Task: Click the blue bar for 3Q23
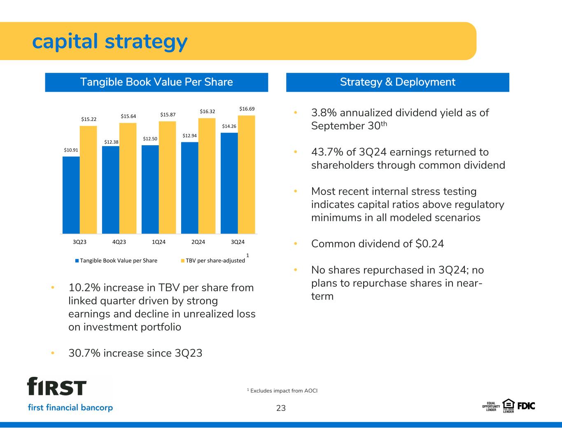coord(71,195)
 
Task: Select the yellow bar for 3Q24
coord(247,175)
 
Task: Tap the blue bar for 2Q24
coord(189,188)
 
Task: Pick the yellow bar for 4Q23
coord(128,178)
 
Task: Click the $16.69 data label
coord(247,109)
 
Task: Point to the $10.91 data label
coord(71,150)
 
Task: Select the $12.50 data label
coord(150,139)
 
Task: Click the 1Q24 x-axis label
coord(159,242)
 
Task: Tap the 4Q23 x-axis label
coord(119,242)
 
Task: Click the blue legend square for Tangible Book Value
coord(77,261)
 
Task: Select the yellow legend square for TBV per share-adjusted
coord(182,261)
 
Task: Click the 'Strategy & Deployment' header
coord(397,82)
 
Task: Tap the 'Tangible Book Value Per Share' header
coord(156,82)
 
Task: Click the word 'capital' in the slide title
coord(65,42)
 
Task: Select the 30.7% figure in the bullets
coord(84,353)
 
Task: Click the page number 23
coord(281,408)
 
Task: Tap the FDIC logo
coord(526,406)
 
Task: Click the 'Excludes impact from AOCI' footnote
coord(284,391)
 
